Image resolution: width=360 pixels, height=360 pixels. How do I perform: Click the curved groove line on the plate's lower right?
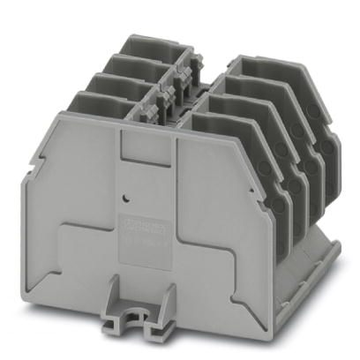(x=199, y=247)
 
